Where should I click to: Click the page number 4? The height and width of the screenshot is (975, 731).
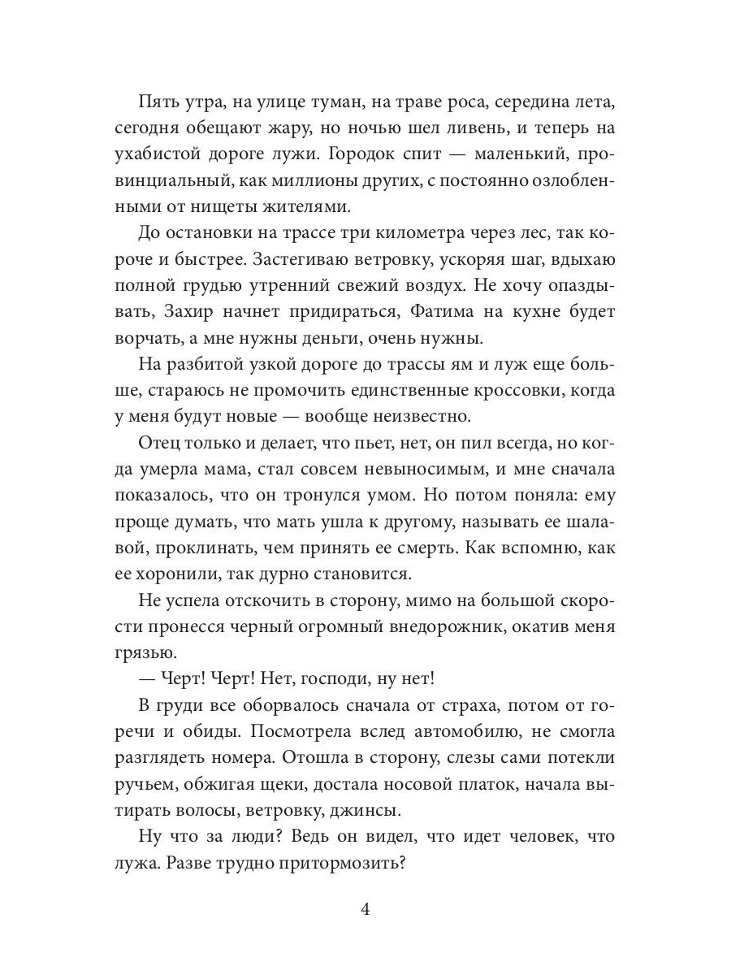365,909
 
